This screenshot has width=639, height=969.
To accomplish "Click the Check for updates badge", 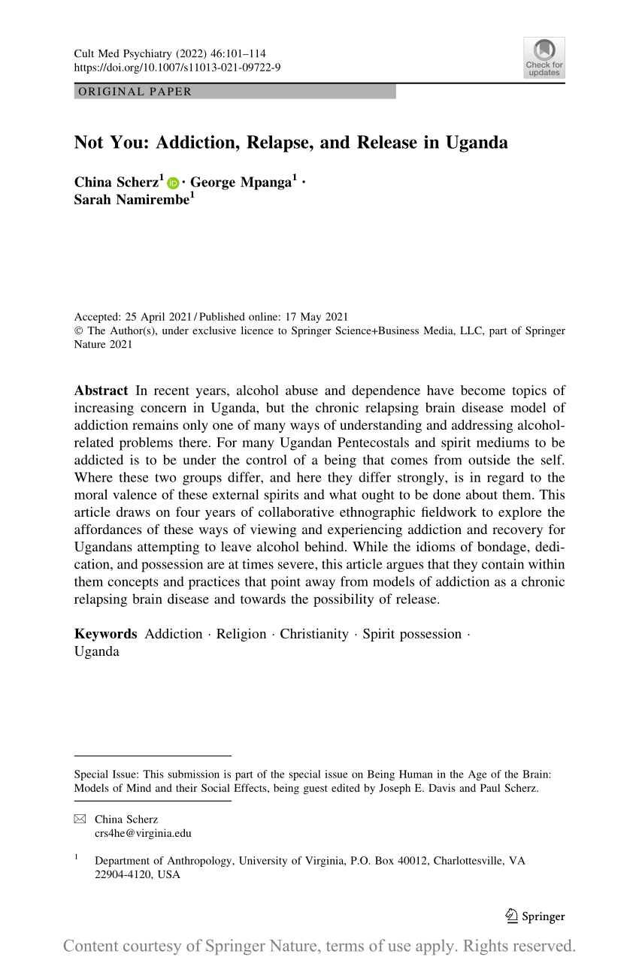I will (544, 58).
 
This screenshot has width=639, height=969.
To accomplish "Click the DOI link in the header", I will (177, 68).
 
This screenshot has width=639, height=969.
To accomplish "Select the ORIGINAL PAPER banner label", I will (133, 92).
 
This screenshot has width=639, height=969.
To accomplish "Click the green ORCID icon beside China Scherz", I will (173, 183).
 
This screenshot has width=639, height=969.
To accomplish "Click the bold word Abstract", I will (101, 391).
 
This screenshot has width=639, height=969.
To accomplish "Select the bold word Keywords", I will (105, 634).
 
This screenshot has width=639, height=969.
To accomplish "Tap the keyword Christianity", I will (314, 634).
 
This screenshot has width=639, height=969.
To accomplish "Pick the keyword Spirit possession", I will (412, 634).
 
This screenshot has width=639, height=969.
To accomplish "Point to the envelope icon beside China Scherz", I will (80, 819).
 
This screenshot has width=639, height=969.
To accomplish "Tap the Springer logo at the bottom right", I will (535, 916).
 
